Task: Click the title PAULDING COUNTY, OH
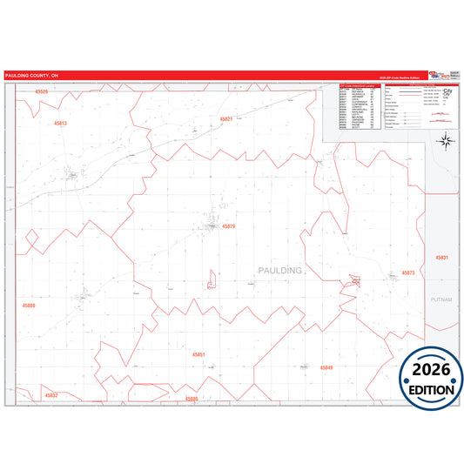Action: [x=31, y=76]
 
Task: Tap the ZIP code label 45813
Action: [x=59, y=124]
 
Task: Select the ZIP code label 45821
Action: [x=226, y=119]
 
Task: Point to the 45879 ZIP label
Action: [x=229, y=226]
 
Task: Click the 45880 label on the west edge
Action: [x=29, y=306]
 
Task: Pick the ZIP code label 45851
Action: [x=198, y=355]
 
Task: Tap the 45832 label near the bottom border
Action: [x=50, y=395]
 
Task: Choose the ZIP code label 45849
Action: [x=326, y=368]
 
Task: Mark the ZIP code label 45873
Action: [x=408, y=272]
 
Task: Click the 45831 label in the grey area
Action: [x=441, y=259]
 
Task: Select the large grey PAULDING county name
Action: [x=280, y=271]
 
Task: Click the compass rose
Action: [x=445, y=142]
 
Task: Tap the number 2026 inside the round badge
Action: [x=430, y=369]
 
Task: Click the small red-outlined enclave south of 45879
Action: [x=211, y=279]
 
